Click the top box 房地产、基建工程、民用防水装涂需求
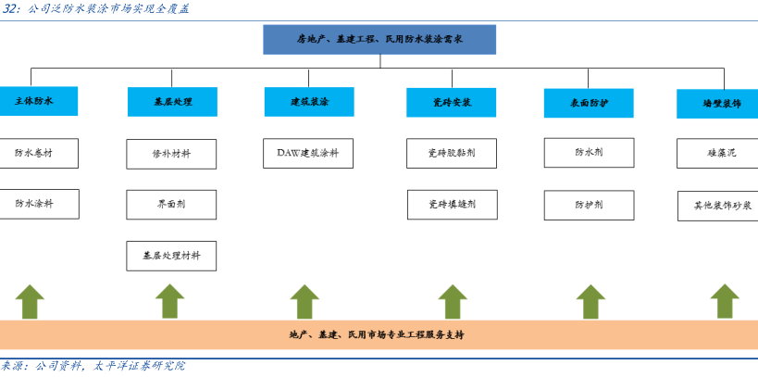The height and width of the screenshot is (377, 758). pyautogui.click(x=379, y=40)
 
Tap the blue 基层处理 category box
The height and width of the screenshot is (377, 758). pyautogui.click(x=172, y=102)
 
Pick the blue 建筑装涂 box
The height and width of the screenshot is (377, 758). pyautogui.click(x=309, y=102)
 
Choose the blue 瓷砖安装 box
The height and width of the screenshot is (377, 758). pyautogui.click(x=451, y=102)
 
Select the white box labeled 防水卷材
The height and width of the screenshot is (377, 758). pyautogui.click(x=38, y=153)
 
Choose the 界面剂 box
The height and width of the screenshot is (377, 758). pyautogui.click(x=171, y=205)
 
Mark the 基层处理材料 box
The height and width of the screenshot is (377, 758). pyautogui.click(x=171, y=256)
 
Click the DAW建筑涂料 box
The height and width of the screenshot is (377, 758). pyautogui.click(x=308, y=153)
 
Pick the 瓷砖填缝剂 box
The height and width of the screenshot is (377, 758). pyautogui.click(x=452, y=205)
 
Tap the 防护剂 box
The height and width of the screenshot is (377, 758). pyautogui.click(x=589, y=205)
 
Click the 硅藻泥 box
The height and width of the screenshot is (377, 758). pyautogui.click(x=718, y=153)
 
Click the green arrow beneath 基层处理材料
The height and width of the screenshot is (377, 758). pyautogui.click(x=170, y=301)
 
